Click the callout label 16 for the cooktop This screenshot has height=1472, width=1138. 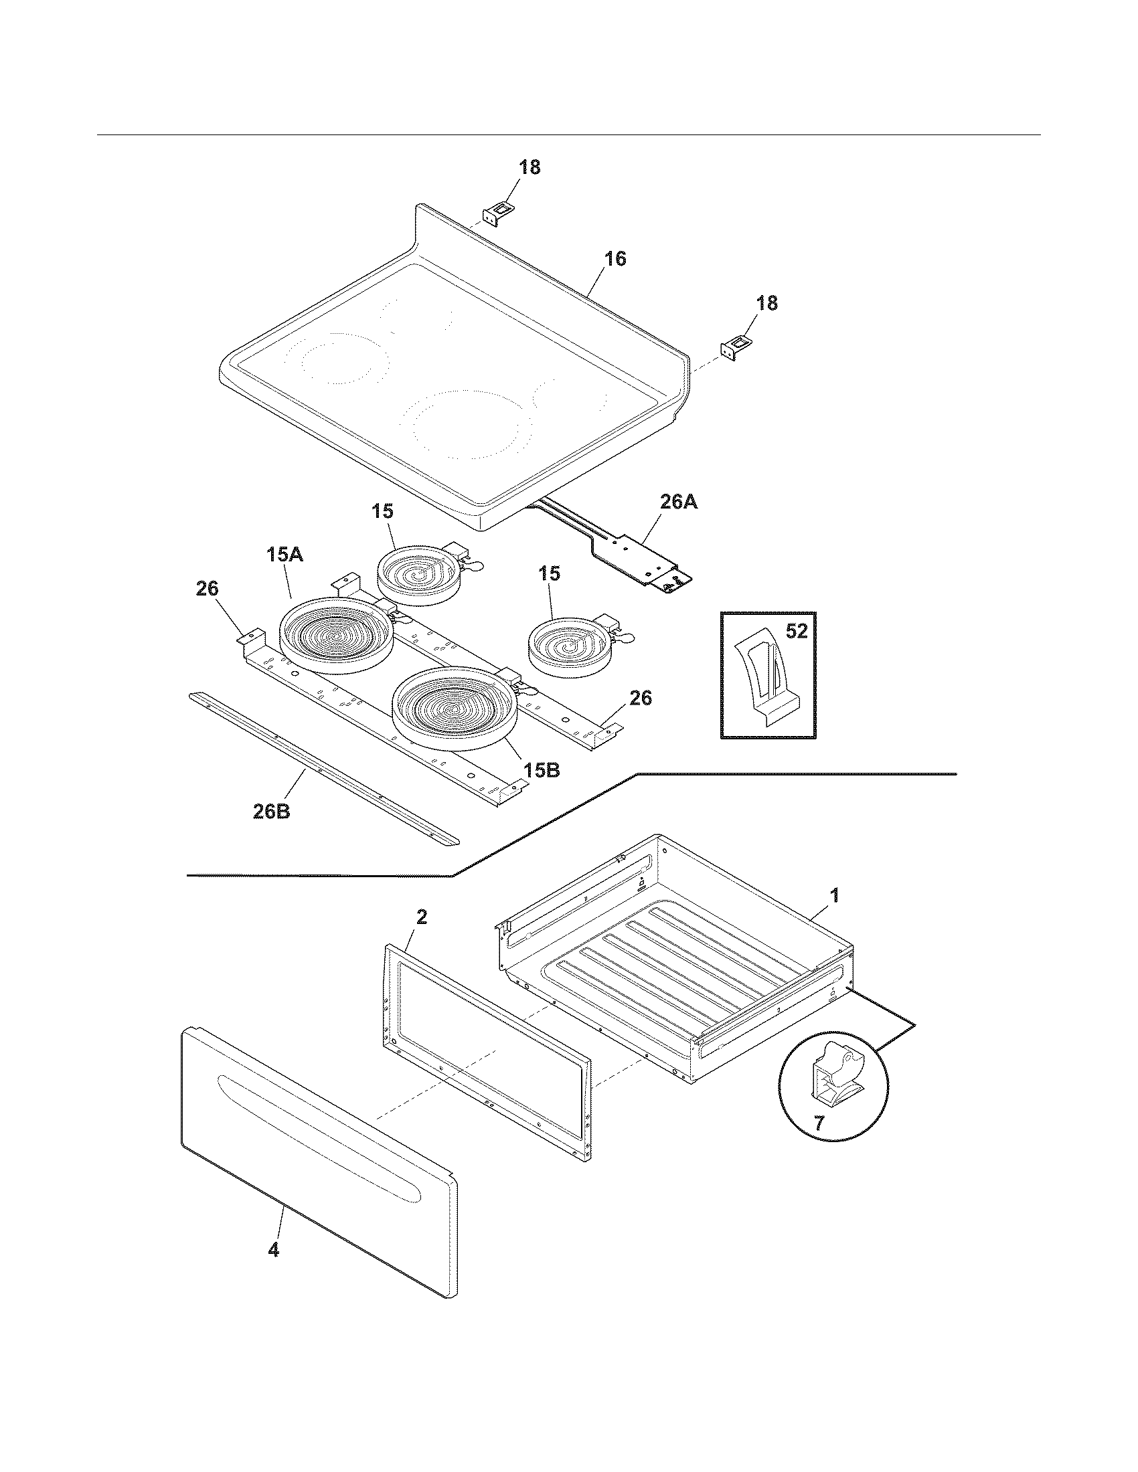(615, 259)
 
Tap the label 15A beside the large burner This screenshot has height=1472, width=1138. (284, 555)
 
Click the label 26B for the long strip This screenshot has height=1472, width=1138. (272, 812)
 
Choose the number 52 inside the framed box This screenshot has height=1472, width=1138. (796, 632)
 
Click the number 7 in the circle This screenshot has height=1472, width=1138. (819, 1123)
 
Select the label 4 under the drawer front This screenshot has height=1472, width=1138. (273, 1250)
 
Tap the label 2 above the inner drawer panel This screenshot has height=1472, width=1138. (421, 917)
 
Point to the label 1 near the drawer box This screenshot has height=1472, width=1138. (834, 896)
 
